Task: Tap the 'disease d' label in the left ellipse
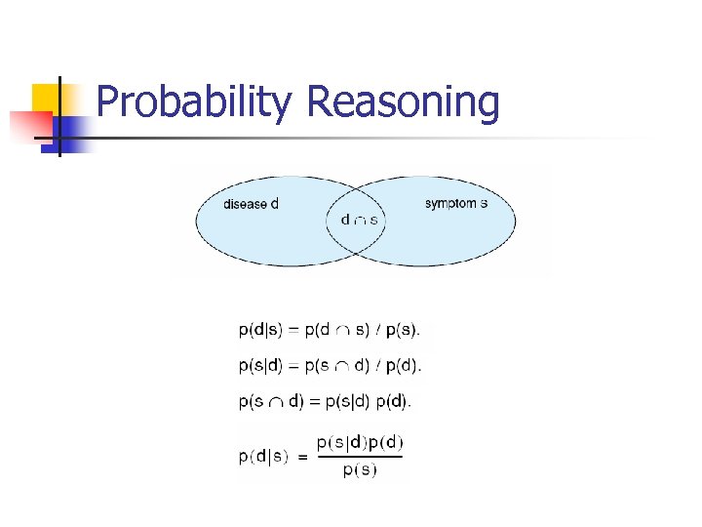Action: coord(251,204)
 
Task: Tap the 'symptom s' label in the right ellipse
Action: coord(456,203)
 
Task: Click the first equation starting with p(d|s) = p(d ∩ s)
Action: coord(330,330)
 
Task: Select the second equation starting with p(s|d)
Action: coord(330,366)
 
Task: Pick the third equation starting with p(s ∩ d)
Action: coord(325,400)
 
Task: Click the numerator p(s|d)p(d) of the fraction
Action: coord(359,442)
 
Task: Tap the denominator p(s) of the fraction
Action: coord(360,470)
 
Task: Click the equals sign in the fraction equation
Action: coord(302,457)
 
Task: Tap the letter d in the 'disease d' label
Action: coord(274,204)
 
